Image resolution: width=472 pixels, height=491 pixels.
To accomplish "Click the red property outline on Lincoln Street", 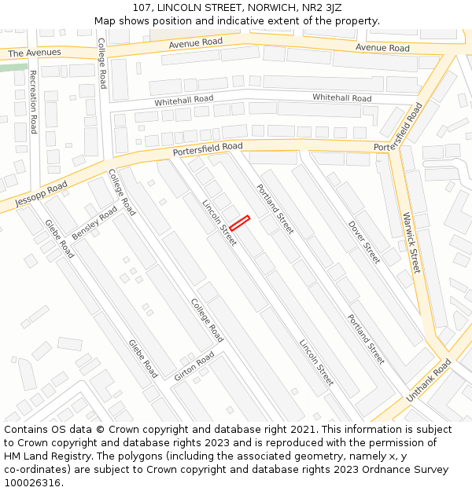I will pos(239,222).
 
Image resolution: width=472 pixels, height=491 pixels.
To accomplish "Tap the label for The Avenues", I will pos(34,53).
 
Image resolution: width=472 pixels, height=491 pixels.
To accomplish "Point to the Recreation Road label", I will pos(33,102).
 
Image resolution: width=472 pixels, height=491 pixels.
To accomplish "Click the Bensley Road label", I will pos(94,223).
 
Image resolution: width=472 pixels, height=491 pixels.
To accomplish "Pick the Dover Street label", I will pos(364,241).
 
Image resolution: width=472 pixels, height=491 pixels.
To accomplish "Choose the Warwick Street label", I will pos(411,243).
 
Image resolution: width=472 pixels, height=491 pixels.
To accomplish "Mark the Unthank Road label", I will pos(429,380).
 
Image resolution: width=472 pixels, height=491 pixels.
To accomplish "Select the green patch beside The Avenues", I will pos(12,68).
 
